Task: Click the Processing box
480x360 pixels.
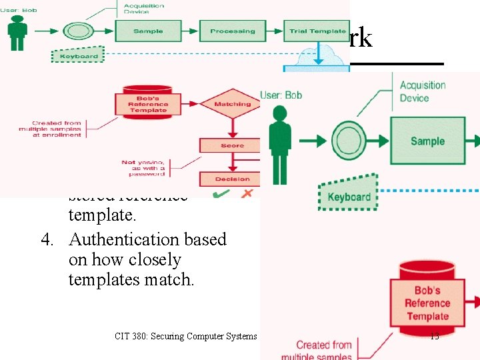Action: (x=232, y=31)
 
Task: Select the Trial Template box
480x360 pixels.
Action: (x=317, y=31)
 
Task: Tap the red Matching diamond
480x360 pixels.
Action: (x=232, y=104)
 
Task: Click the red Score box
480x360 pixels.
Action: (x=232, y=145)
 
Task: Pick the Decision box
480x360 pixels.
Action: (x=232, y=179)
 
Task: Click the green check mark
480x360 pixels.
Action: (x=221, y=193)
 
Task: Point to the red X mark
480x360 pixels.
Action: (x=247, y=193)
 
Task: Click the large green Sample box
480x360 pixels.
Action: (x=427, y=141)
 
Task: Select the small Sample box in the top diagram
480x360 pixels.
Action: (x=148, y=31)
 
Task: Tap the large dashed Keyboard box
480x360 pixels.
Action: (x=348, y=195)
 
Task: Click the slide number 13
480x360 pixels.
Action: (x=434, y=336)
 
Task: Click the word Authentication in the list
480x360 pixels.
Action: (x=115, y=239)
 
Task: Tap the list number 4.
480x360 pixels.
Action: (x=46, y=239)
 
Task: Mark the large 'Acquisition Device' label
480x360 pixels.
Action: (x=422, y=91)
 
